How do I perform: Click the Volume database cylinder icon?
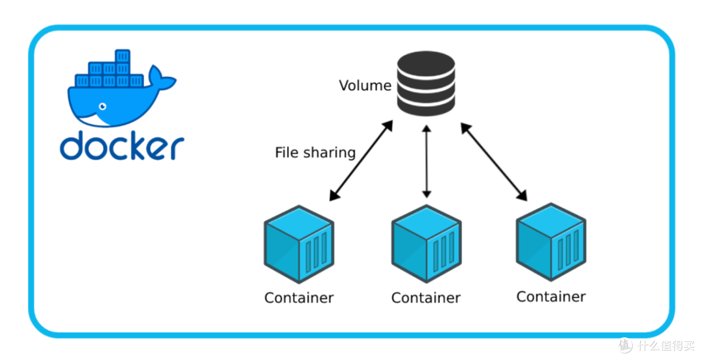coord(426,85)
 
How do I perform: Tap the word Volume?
coord(365,86)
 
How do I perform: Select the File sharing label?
coord(315,152)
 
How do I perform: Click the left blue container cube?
coord(299,244)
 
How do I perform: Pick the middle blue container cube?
coord(426,244)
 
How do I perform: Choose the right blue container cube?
coord(551,241)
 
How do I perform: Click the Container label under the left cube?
coord(299,298)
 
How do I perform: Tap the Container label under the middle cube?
coord(426,298)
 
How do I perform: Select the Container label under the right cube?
coord(551,296)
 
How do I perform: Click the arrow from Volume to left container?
coord(362,160)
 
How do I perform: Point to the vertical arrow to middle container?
coord(426,162)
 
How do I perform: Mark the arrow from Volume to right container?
coord(494,160)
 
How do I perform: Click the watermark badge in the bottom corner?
coord(656,345)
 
